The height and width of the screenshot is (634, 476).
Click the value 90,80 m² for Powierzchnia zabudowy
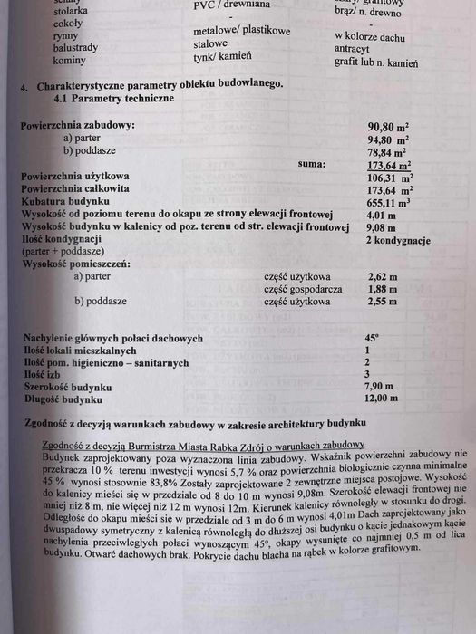click(387, 127)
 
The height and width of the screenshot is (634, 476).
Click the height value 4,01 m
click(380, 216)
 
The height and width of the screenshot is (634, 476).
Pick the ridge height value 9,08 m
click(380, 228)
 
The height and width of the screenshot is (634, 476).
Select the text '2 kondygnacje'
click(396, 241)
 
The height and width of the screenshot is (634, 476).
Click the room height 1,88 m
click(382, 289)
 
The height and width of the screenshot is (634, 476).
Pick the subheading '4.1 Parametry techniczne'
click(114, 97)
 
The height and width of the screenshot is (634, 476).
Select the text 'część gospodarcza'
click(297, 289)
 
